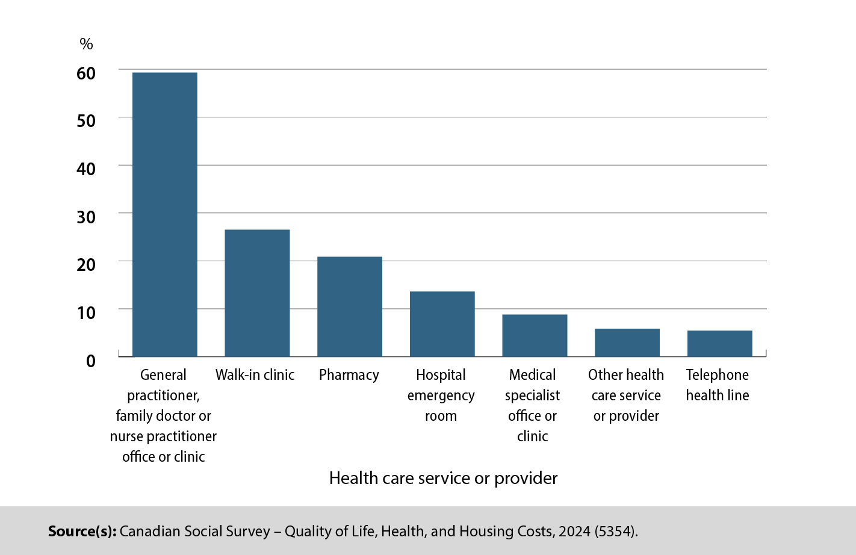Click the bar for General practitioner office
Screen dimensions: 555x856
164,214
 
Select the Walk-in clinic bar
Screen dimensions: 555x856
257,293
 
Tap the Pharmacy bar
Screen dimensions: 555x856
350,306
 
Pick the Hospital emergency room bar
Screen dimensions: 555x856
442,324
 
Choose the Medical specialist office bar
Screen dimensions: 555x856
535,335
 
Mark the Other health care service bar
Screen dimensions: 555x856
627,343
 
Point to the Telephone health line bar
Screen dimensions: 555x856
719,343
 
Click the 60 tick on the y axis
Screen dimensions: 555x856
86,73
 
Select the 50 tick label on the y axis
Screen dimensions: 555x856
86,121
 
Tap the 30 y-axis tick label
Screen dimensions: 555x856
86,217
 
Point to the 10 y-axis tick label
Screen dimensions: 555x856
86,312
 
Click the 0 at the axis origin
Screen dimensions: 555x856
91,361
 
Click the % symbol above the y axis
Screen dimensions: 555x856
86,44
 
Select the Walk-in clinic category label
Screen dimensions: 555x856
255,375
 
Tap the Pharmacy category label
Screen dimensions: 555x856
349,375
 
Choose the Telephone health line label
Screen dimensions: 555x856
718,385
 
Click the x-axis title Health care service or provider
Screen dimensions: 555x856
443,478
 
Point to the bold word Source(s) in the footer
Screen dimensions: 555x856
82,532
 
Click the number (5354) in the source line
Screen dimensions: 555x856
615,532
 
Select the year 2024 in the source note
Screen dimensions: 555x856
574,532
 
